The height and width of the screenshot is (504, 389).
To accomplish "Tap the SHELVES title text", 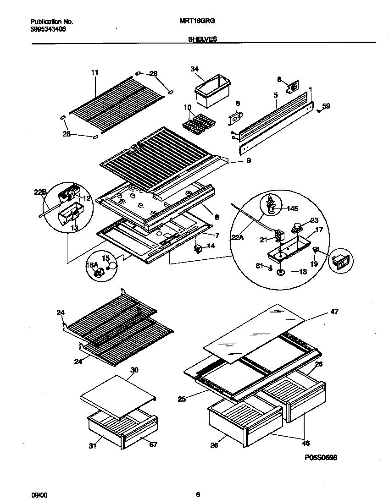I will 202,39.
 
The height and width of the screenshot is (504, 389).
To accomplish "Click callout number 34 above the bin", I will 194,69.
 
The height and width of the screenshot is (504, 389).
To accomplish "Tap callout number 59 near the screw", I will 326,106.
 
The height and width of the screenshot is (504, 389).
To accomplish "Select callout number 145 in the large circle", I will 292,208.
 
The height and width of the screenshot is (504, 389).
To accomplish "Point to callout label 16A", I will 92,265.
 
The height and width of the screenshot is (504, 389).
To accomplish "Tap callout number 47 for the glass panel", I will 334,312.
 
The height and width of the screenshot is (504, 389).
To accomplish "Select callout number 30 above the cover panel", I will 134,370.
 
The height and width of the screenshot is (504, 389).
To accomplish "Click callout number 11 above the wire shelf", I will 95,72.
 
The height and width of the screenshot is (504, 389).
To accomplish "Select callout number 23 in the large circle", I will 314,219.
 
